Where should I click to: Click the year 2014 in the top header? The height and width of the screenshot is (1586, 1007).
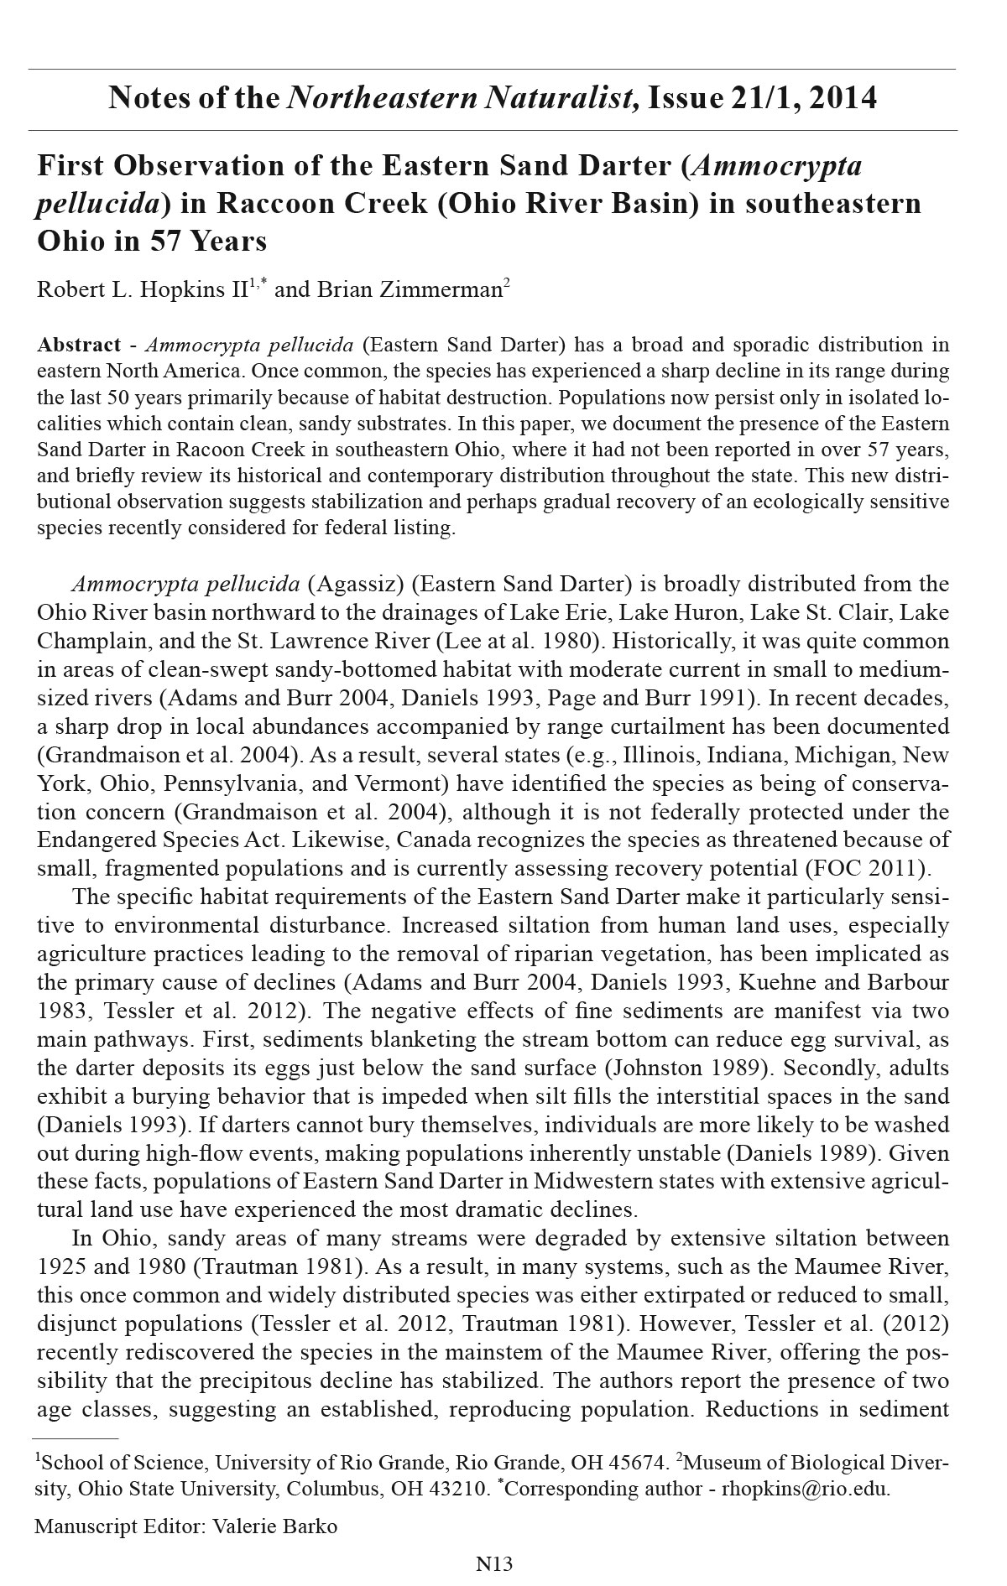click(844, 98)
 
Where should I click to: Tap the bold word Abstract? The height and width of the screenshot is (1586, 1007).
click(80, 345)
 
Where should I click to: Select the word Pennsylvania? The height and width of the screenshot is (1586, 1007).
click(237, 783)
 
